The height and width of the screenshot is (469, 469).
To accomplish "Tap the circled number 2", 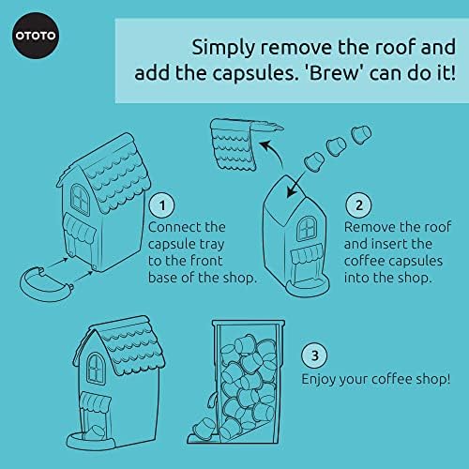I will pos(356,203).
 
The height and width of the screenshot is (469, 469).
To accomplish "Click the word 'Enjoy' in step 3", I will pos(321,380).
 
